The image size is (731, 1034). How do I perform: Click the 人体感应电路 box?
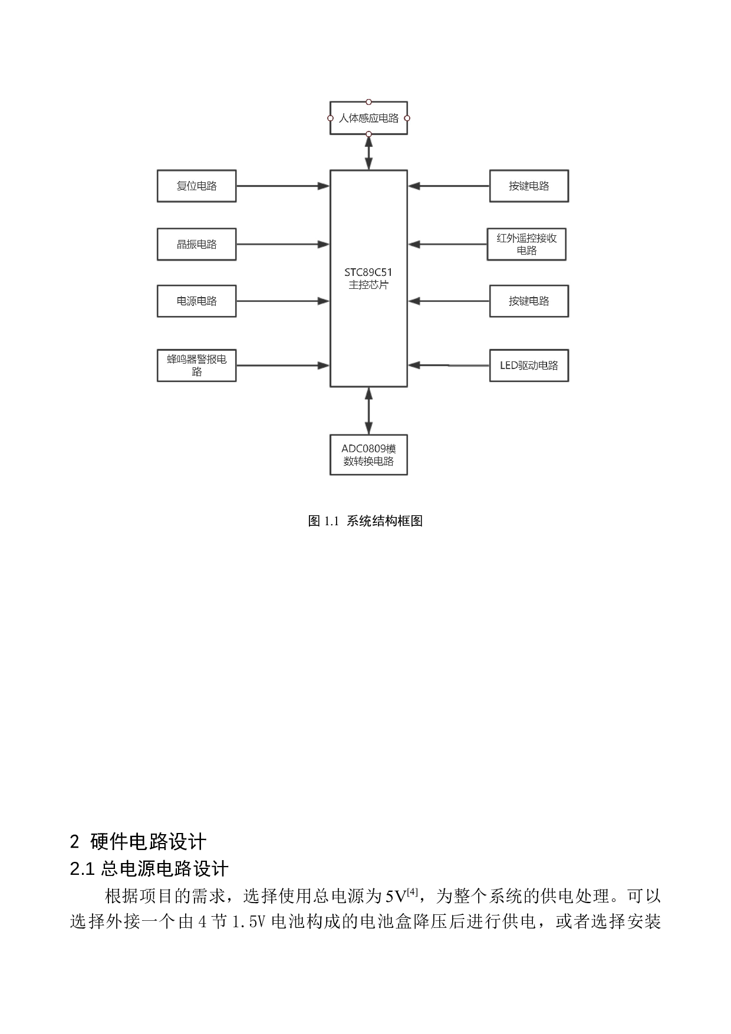tap(368, 118)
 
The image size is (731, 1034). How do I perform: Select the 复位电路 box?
tap(196, 186)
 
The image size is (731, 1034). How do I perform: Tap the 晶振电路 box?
tap(196, 244)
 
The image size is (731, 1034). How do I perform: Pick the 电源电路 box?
tap(196, 301)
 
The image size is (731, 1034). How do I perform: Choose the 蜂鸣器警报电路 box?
tap(196, 365)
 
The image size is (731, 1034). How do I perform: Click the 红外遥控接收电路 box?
tap(526, 244)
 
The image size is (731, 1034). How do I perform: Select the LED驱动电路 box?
tap(529, 365)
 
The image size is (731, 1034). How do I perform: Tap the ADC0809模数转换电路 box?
tap(368, 455)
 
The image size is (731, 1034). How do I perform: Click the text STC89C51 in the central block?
tap(368, 272)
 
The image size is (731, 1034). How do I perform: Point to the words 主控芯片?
tap(368, 285)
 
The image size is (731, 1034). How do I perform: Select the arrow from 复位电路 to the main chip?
tap(283, 186)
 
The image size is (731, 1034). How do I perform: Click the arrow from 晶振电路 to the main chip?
tap(283, 244)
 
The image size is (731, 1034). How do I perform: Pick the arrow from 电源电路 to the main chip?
tap(283, 301)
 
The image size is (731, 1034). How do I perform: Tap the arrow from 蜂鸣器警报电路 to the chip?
tap(283, 365)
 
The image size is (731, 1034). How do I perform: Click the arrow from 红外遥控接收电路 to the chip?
tap(448, 244)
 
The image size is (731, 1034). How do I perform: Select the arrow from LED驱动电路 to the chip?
tap(448, 365)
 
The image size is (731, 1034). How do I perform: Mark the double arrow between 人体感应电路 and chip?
tap(368, 152)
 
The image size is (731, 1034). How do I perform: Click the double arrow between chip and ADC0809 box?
tap(368, 411)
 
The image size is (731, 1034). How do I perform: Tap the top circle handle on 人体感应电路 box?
tap(368, 102)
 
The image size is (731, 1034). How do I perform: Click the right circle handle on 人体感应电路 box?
tap(407, 118)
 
